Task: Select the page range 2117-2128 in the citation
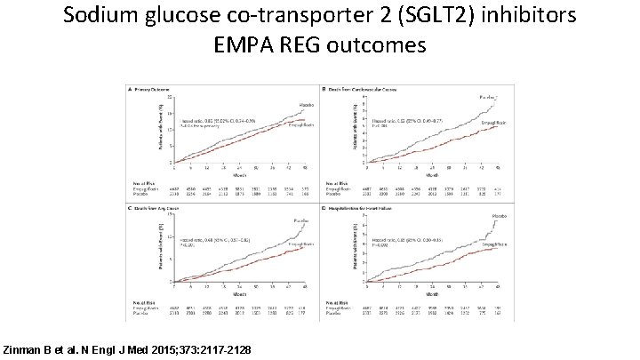220,351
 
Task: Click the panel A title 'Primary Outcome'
155,91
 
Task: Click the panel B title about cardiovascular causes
359,91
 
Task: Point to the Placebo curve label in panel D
488,225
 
